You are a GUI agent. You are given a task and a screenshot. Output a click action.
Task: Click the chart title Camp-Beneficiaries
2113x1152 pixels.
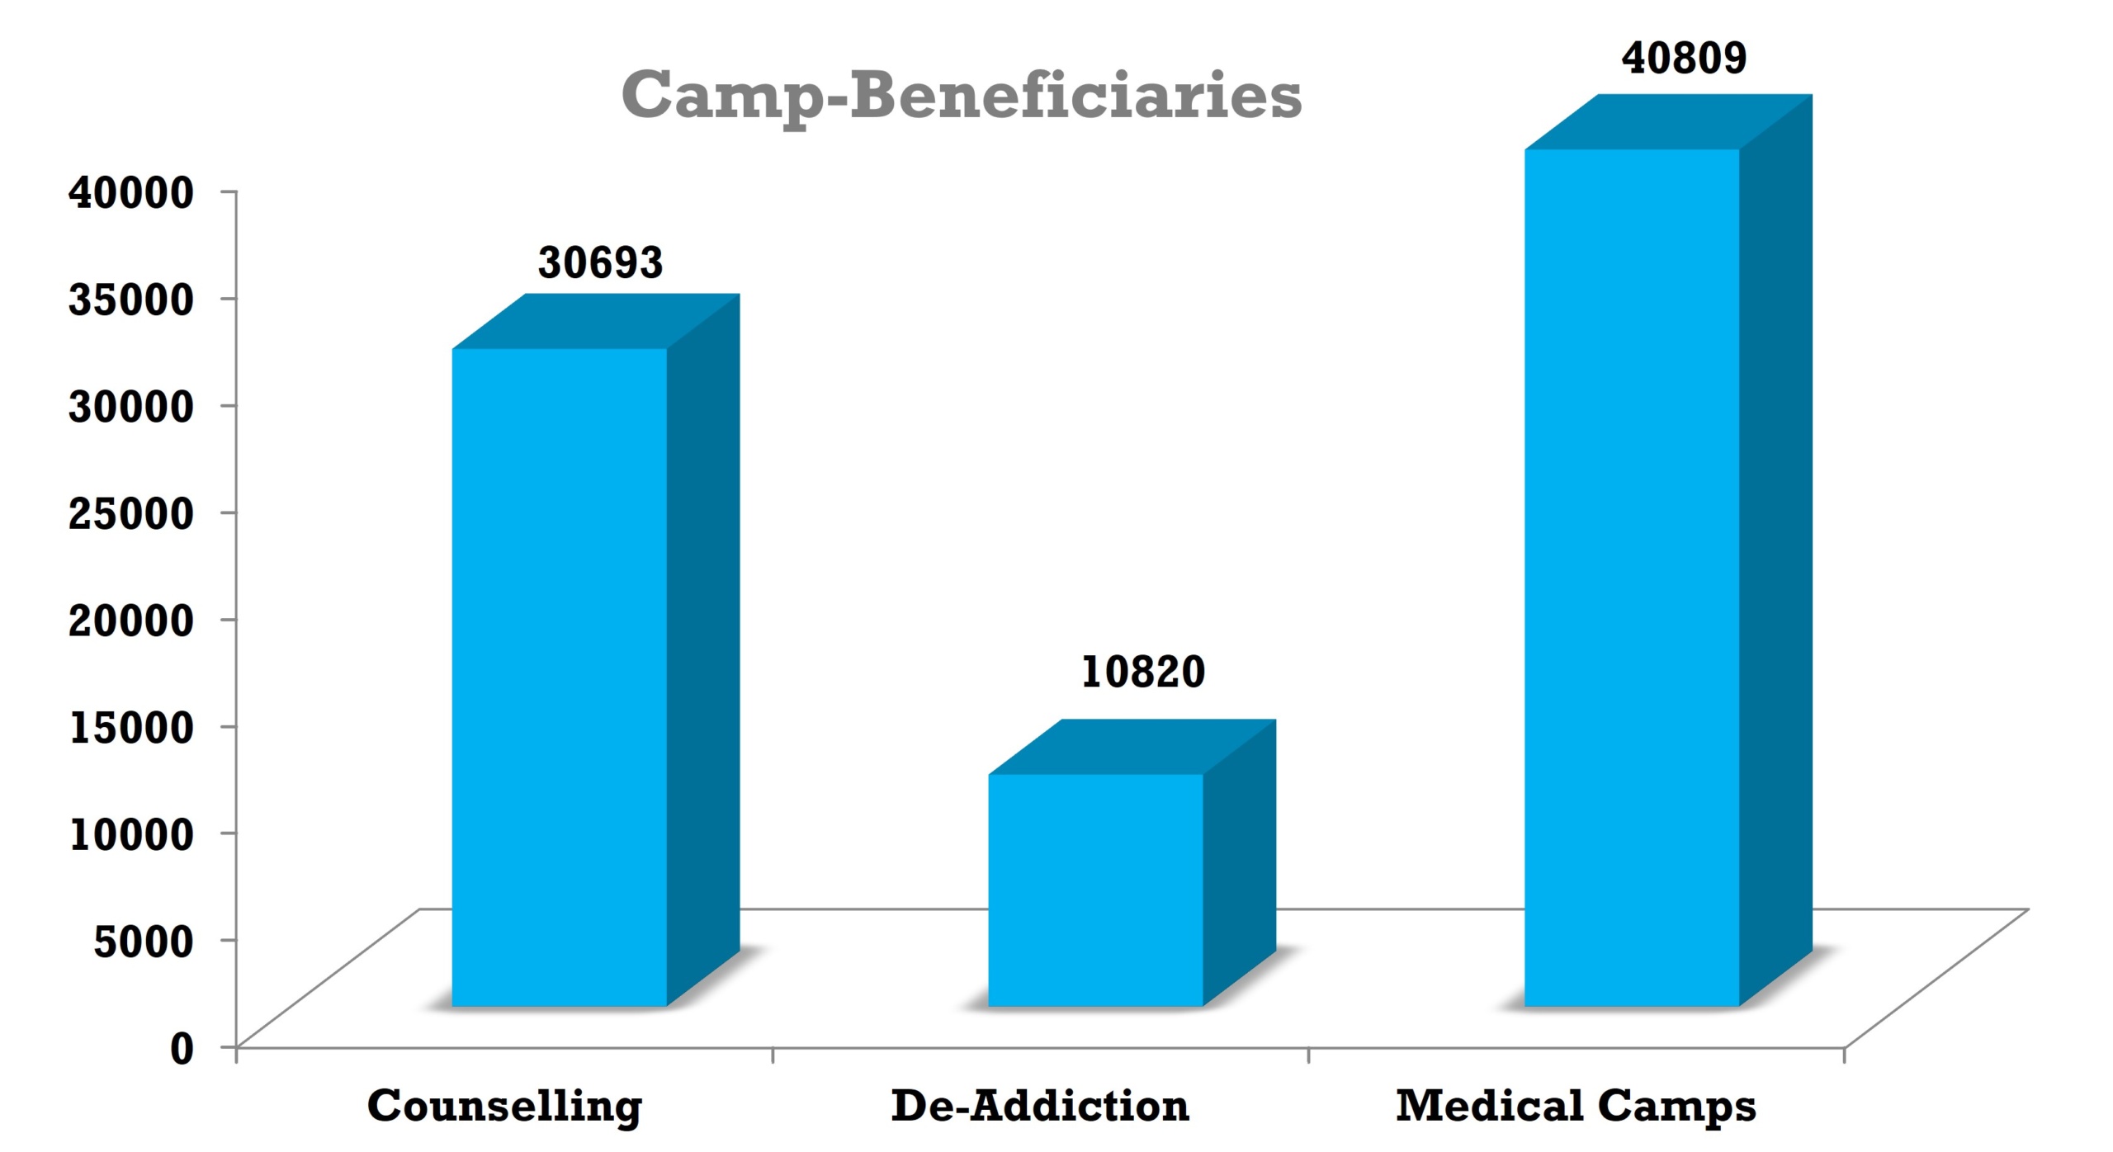(x=962, y=97)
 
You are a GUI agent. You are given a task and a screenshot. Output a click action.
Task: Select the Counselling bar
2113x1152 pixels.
(x=560, y=677)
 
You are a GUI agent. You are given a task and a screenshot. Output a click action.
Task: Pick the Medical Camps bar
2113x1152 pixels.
(x=1632, y=578)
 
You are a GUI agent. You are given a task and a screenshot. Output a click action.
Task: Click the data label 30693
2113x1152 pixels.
(x=600, y=263)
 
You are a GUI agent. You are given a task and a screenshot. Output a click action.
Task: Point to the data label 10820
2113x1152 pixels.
(x=1142, y=672)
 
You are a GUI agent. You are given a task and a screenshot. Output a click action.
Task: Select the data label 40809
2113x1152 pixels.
(x=1684, y=58)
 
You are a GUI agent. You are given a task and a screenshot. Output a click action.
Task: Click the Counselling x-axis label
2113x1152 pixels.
(x=504, y=1106)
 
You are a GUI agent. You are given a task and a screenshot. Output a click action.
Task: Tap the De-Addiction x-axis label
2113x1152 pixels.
(x=1040, y=1106)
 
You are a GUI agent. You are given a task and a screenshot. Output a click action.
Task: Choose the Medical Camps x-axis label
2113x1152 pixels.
(x=1576, y=1106)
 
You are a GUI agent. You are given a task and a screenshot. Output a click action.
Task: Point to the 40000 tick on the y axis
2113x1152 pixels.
(x=131, y=192)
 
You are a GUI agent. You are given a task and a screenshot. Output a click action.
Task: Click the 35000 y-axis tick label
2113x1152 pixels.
(x=131, y=299)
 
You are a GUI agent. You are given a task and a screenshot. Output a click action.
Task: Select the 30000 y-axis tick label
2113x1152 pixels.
(x=131, y=406)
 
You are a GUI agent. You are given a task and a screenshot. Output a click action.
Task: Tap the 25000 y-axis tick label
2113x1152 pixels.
(x=131, y=512)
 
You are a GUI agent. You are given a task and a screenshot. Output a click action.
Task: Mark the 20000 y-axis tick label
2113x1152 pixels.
(x=131, y=620)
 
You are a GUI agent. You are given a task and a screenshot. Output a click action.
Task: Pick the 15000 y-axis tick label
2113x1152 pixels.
(x=131, y=727)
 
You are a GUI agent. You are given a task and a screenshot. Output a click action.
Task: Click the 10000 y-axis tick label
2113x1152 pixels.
(x=131, y=833)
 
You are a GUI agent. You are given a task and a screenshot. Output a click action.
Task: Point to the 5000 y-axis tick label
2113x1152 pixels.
(x=144, y=941)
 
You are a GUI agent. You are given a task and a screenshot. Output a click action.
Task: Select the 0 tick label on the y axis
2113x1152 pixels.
(x=182, y=1048)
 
